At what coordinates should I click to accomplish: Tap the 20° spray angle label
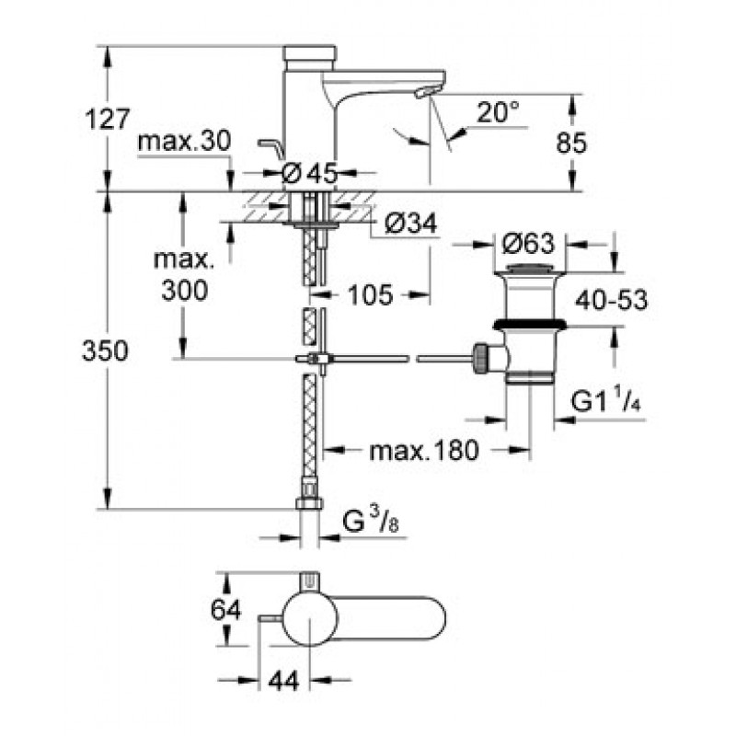pyautogui.click(x=498, y=112)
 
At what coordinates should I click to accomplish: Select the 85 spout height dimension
pyautogui.click(x=571, y=143)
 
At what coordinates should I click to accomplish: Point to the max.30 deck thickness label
pyautogui.click(x=185, y=141)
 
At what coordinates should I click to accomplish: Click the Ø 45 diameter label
pyautogui.click(x=310, y=174)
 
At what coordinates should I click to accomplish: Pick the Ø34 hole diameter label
pyautogui.click(x=410, y=224)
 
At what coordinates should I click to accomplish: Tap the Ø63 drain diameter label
pyautogui.click(x=528, y=244)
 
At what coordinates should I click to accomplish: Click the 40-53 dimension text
pyautogui.click(x=611, y=300)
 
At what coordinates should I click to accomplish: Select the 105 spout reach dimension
pyautogui.click(x=370, y=295)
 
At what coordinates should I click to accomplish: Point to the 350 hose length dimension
pyautogui.click(x=105, y=351)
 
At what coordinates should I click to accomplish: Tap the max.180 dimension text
pyautogui.click(x=424, y=451)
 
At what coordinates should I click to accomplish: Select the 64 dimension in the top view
pyautogui.click(x=225, y=610)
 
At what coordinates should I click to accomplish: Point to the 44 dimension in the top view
pyautogui.click(x=284, y=681)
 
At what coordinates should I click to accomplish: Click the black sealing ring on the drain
pyautogui.click(x=530, y=324)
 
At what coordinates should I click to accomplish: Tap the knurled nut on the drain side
pyautogui.click(x=481, y=359)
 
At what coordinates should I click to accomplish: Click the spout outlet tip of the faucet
pyautogui.click(x=421, y=94)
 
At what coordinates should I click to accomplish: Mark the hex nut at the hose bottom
pyautogui.click(x=309, y=504)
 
